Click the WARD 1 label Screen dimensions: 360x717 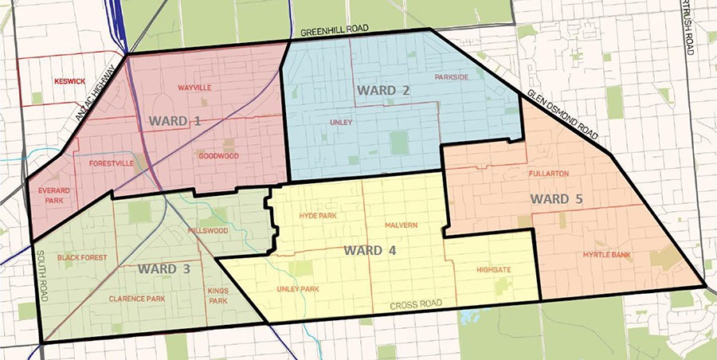tap(174, 121)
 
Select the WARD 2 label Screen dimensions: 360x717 tap(383, 90)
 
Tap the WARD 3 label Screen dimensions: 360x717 tap(163, 268)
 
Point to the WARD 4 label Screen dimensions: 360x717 tap(370, 250)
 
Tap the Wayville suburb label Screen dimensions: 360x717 tap(194, 88)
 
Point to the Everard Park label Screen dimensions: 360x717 tap(50, 195)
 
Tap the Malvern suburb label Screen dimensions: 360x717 tap(401, 225)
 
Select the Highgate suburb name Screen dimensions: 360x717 tap(494, 270)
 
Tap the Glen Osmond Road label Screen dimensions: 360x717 tap(565, 118)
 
